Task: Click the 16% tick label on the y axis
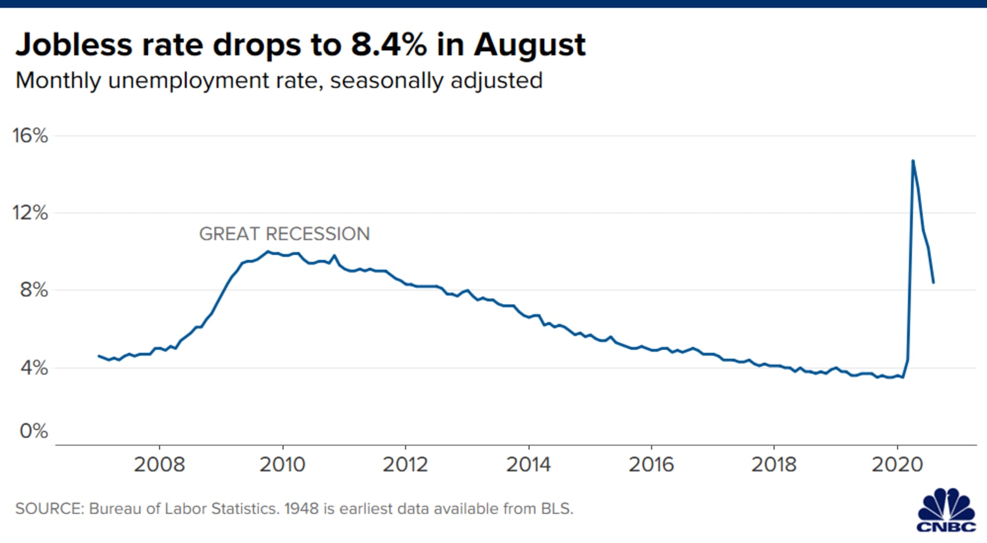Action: [x=30, y=136]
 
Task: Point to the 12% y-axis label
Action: [x=30, y=213]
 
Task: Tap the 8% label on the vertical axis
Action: [x=34, y=290]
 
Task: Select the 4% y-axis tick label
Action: [x=34, y=368]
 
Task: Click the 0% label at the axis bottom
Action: [x=34, y=431]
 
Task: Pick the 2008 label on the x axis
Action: [x=159, y=464]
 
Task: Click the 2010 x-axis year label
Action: [x=282, y=464]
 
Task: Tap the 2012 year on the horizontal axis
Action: [x=405, y=464]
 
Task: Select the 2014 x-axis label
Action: [x=528, y=464]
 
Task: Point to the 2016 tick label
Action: [x=651, y=464]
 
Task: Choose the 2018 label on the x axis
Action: [x=774, y=464]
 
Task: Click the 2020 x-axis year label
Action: [x=897, y=464]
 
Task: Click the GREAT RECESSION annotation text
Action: [x=284, y=234]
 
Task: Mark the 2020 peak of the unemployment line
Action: [x=913, y=161]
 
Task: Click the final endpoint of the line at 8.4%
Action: [x=933, y=283]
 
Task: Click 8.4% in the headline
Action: [x=389, y=44]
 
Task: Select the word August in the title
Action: [x=530, y=45]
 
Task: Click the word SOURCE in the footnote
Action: [x=49, y=509]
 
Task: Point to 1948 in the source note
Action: [x=301, y=509]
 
